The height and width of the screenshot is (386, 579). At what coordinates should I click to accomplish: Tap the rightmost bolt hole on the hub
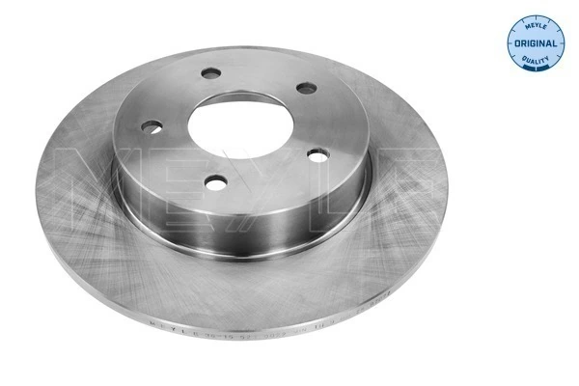[x=306, y=88]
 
